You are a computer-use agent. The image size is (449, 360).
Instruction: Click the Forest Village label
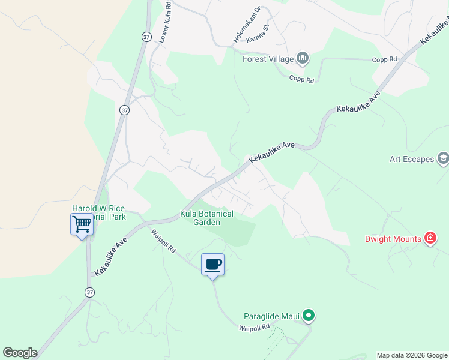coord(268,59)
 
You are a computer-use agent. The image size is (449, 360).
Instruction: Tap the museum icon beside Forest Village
coord(303,58)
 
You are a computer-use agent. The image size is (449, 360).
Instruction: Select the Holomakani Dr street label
coord(247,25)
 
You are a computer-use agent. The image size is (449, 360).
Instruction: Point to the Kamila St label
coord(274,35)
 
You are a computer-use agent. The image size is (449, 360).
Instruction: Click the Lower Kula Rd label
coord(165,21)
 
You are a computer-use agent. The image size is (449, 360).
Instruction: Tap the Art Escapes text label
coord(411,159)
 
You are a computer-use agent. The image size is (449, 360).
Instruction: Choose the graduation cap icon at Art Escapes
coord(443,159)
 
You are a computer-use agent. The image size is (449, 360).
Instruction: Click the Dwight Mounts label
coord(393,239)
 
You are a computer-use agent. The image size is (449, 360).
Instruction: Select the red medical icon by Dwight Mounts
coord(430,239)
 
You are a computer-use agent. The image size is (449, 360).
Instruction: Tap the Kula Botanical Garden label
coord(207,218)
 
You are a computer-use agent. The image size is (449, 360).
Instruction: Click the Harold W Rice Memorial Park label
coord(99,212)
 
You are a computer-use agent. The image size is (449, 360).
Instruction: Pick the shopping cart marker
coord(82,225)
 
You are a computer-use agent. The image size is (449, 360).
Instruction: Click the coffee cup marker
coord(212,265)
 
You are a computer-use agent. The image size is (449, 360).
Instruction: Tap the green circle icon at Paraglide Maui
coord(309,315)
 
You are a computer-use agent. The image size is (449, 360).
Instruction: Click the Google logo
coord(20,352)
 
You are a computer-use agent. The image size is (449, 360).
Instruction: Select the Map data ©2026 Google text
coord(412,355)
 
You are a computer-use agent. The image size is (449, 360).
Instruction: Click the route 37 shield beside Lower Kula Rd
coord(147,37)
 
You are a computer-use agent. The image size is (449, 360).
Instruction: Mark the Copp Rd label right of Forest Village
coord(385,59)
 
